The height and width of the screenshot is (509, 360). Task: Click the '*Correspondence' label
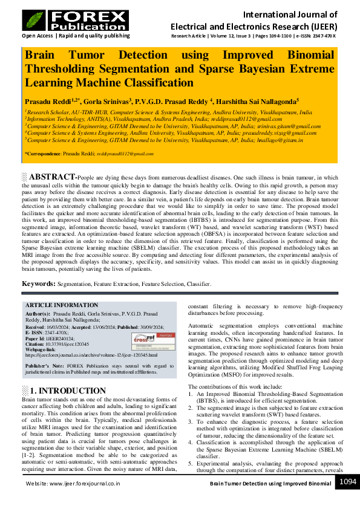coord(43,154)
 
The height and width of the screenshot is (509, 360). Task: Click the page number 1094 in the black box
coord(347,482)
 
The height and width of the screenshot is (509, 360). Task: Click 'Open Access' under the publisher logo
coord(38,36)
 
